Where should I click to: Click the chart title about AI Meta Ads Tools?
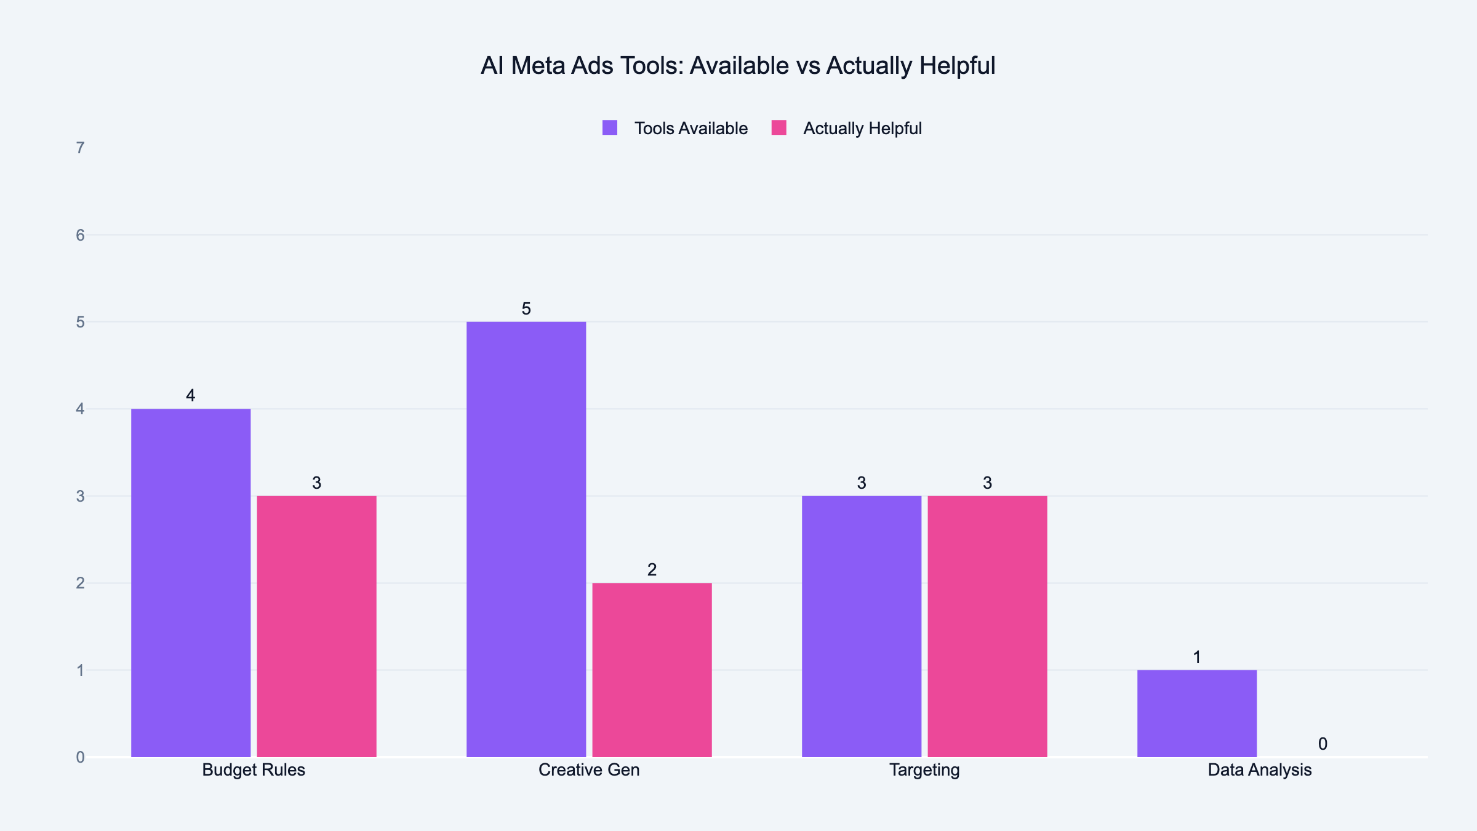click(x=737, y=66)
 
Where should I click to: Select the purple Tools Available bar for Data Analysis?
click(x=1197, y=713)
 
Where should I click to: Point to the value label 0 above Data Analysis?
click(x=1323, y=744)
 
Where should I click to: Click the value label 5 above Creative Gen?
click(x=526, y=309)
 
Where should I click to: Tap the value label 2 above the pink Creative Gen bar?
click(x=652, y=570)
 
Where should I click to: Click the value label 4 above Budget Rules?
click(x=191, y=396)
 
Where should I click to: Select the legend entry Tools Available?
click(x=690, y=129)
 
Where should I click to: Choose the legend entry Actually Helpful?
click(x=862, y=129)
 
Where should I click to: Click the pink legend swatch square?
click(x=779, y=128)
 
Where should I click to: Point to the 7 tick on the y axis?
click(x=80, y=148)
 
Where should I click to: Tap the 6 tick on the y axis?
click(x=80, y=235)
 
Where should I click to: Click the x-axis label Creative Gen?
click(x=589, y=770)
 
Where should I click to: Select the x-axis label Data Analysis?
click(x=1260, y=770)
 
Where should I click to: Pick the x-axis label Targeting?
click(x=924, y=770)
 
